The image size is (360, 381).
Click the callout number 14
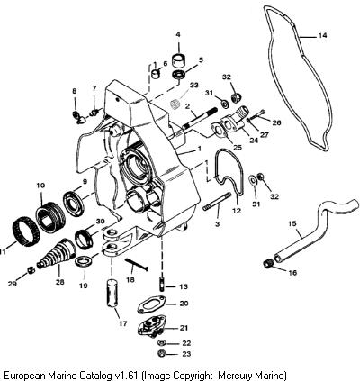[x=322, y=35]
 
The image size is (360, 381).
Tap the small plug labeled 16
[x=267, y=263]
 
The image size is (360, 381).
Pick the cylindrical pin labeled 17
[x=112, y=293]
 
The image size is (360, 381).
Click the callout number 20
[x=184, y=304]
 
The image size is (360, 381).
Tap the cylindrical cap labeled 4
[x=178, y=59]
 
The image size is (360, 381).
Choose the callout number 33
[x=194, y=86]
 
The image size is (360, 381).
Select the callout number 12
[x=237, y=211]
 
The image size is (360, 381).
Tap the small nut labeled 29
[x=31, y=270]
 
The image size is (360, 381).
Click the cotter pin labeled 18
[x=136, y=265]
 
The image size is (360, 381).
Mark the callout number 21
[x=184, y=328]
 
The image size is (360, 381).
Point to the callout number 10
[x=40, y=186]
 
